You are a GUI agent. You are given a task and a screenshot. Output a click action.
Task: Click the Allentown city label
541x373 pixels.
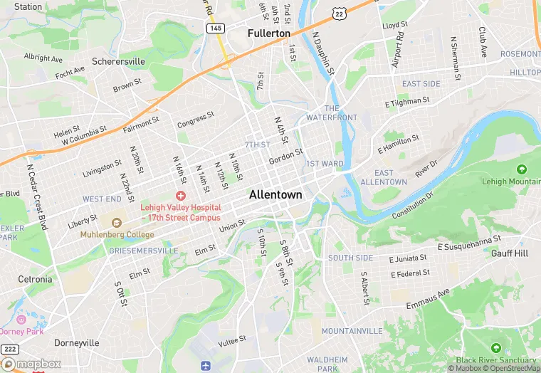(275, 194)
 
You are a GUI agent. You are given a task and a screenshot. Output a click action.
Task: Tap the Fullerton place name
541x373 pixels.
(269, 33)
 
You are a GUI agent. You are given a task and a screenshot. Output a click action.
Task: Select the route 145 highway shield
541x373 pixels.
(216, 28)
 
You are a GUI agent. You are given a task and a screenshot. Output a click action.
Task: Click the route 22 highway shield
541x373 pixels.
(340, 13)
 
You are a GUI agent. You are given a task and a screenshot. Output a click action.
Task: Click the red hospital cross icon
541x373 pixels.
(181, 195)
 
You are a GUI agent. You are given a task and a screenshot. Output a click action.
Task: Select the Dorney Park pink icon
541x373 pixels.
(21, 320)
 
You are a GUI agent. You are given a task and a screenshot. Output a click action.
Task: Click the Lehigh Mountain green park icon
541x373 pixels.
(522, 169)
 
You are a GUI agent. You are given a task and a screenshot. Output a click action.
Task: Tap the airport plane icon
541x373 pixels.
(206, 365)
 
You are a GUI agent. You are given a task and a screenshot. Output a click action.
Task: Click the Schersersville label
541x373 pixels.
(118, 61)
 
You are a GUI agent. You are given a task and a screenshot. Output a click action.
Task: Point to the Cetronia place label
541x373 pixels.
(35, 279)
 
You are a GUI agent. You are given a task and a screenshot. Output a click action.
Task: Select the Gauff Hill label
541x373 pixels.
(510, 253)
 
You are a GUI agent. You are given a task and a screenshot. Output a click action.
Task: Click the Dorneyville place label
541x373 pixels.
(76, 342)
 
